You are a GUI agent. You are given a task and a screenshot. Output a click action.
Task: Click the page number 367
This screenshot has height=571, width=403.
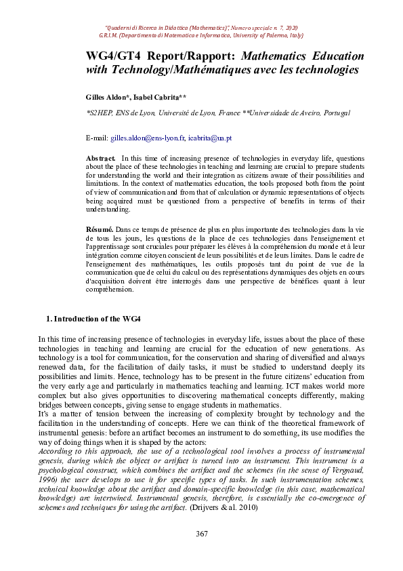(x=201, y=535)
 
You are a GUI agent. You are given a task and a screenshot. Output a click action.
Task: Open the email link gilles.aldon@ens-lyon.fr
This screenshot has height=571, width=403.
(x=148, y=138)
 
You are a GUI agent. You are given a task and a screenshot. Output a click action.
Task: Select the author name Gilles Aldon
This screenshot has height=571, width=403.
(x=106, y=98)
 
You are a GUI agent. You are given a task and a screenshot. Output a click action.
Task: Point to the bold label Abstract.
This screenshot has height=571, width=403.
(x=102, y=157)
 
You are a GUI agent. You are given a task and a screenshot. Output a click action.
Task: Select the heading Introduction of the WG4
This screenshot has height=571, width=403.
(x=97, y=319)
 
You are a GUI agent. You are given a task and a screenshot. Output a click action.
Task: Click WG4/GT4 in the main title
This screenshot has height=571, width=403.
(x=111, y=56)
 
